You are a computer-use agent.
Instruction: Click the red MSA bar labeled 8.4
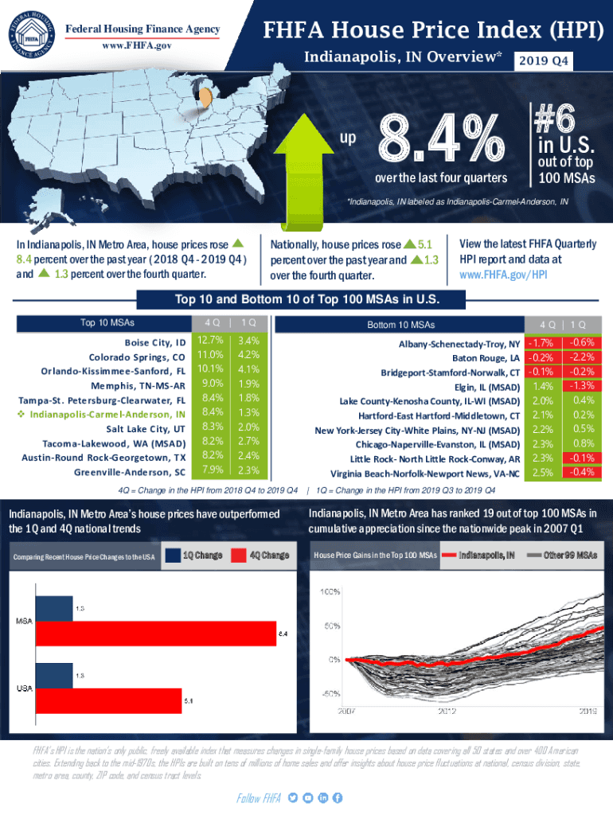tap(155, 634)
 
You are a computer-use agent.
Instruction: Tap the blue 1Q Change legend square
tap(172, 555)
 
